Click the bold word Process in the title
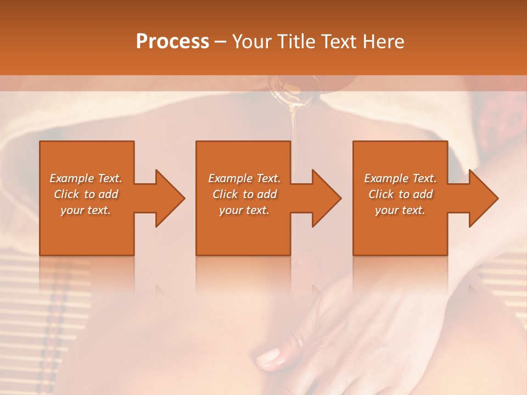click(172, 42)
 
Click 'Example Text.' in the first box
click(86, 178)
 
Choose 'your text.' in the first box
click(86, 210)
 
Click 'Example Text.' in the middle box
click(244, 178)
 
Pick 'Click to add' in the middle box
click(244, 194)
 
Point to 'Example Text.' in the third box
click(400, 178)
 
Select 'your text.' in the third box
click(400, 210)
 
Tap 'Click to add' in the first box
click(86, 194)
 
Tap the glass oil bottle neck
click(294, 88)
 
